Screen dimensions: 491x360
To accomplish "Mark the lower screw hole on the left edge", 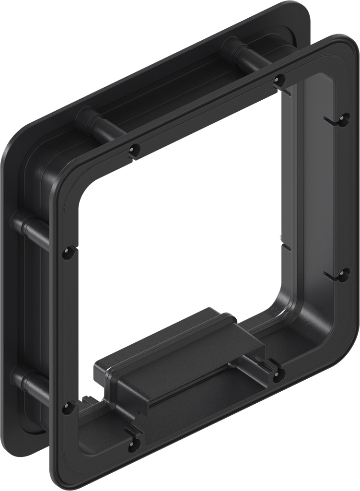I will click(67, 408).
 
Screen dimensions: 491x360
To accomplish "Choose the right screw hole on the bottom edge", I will click(279, 375).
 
